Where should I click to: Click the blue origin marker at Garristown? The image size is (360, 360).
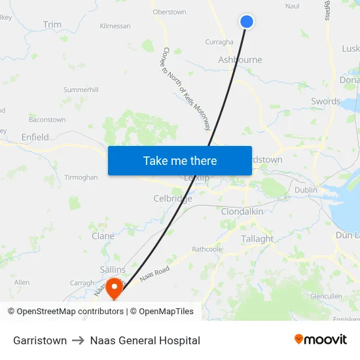pyautogui.click(x=247, y=22)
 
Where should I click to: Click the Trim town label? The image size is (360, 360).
pyautogui.click(x=52, y=25)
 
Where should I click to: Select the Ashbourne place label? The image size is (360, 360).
pyautogui.click(x=240, y=60)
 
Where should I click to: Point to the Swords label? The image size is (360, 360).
pyautogui.click(x=325, y=101)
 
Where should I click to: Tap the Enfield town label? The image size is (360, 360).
pyautogui.click(x=35, y=137)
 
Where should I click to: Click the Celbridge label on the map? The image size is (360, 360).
pyautogui.click(x=173, y=198)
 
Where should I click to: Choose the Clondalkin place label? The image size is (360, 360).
pyautogui.click(x=242, y=212)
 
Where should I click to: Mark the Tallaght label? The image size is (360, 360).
pyautogui.click(x=257, y=239)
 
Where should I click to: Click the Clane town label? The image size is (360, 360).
pyautogui.click(x=103, y=236)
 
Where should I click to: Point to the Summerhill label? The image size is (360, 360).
pyautogui.click(x=81, y=89)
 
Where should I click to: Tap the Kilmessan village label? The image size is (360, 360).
pyautogui.click(x=115, y=26)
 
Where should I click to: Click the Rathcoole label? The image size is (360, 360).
pyautogui.click(x=207, y=249)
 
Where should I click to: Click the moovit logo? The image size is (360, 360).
pyautogui.click(x=321, y=340)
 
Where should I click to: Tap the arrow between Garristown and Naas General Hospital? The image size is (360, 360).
pyautogui.click(x=79, y=340)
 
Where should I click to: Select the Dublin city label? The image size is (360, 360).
pyautogui.click(x=306, y=190)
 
